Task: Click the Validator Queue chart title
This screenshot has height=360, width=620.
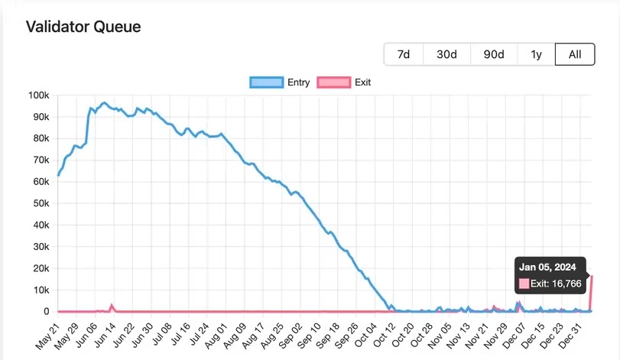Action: click(83, 27)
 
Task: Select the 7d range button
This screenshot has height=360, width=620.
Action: click(404, 54)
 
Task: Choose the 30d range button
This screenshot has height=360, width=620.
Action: click(446, 54)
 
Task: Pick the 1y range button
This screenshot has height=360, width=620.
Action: click(536, 54)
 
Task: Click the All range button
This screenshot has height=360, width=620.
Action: click(575, 54)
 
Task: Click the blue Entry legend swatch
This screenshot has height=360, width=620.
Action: click(266, 83)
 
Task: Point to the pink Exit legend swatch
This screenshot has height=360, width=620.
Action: click(334, 83)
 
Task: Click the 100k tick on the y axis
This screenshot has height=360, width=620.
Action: click(38, 96)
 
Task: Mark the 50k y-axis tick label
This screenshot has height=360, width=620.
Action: click(40, 203)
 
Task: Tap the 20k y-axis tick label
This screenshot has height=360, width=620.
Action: click(40, 268)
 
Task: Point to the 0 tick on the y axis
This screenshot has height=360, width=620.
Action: click(46, 312)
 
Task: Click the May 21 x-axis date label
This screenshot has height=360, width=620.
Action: click(47, 334)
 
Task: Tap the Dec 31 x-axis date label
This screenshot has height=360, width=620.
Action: click(573, 334)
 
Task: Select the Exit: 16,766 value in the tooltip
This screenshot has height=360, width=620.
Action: click(556, 284)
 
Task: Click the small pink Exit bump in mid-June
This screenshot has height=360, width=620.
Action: click(112, 306)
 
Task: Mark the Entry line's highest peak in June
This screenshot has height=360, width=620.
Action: click(104, 102)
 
